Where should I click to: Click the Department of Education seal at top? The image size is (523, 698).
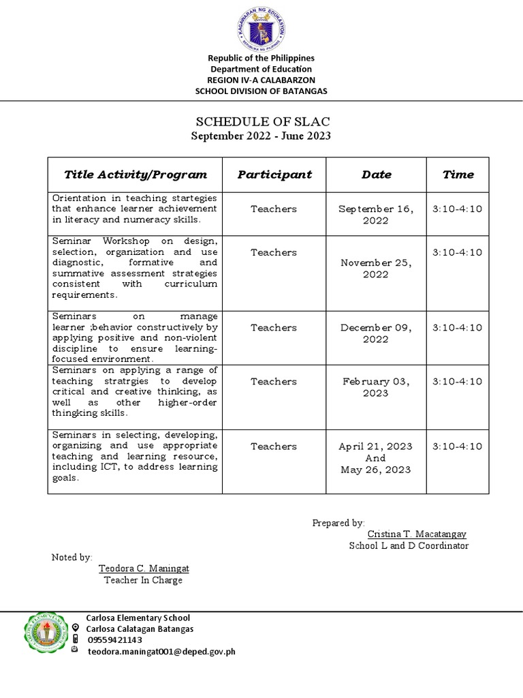[x=261, y=28]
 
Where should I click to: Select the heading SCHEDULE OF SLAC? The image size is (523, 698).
[x=262, y=122]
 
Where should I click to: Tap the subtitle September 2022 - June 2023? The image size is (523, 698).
[x=262, y=136]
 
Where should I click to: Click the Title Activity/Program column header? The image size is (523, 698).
[x=136, y=174]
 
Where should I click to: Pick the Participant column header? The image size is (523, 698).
[x=274, y=174]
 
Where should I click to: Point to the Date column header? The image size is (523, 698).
[x=376, y=174]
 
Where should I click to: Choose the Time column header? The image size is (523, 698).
[x=458, y=174]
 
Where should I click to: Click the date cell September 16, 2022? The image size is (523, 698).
[x=376, y=215]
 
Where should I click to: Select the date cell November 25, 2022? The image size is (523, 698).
[x=376, y=268]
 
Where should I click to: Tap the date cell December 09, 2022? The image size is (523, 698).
[x=376, y=333]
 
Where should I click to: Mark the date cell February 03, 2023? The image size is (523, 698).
[x=376, y=387]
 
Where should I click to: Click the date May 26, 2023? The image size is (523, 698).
[x=376, y=470]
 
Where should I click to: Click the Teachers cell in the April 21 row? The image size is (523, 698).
[x=274, y=446]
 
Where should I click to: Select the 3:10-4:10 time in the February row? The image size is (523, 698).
[x=458, y=382]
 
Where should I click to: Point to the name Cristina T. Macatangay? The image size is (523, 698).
[x=417, y=534]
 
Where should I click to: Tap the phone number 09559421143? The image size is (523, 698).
[x=114, y=640]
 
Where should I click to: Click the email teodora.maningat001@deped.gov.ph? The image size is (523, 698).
[x=161, y=652]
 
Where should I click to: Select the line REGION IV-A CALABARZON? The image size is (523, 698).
[x=261, y=80]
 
